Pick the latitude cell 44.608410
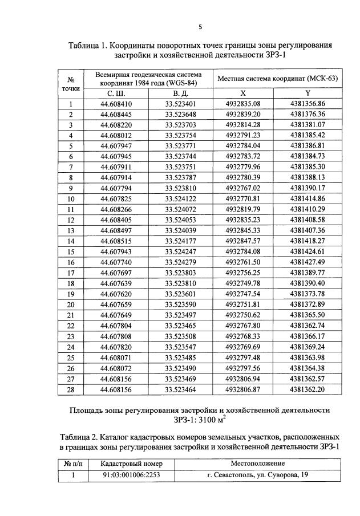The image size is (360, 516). pyautogui.click(x=116, y=104)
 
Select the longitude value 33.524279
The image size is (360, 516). pyautogui.click(x=180, y=262)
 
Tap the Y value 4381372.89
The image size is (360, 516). pyautogui.click(x=308, y=304)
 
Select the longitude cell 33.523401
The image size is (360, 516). pyautogui.click(x=180, y=104)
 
